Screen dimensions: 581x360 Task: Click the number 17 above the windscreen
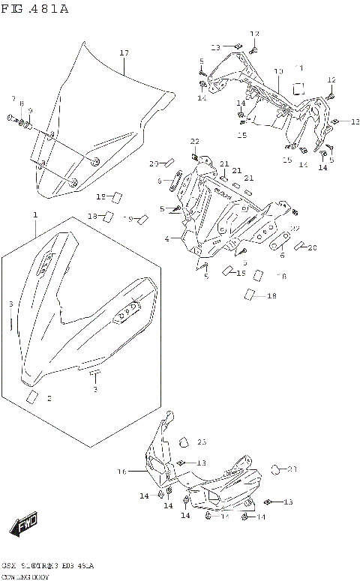(x=124, y=52)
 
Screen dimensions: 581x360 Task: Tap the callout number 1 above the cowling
(x=34, y=215)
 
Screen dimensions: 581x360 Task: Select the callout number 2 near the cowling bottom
(x=49, y=399)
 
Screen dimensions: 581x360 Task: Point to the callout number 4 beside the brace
(x=167, y=240)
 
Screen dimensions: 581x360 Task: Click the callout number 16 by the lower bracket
(x=121, y=472)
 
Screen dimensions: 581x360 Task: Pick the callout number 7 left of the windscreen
(x=13, y=99)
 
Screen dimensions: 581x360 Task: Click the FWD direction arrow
(x=22, y=528)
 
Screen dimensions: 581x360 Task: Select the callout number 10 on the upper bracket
(x=278, y=71)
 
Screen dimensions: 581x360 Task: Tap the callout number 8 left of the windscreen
(x=21, y=105)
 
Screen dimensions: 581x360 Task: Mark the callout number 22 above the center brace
(x=194, y=141)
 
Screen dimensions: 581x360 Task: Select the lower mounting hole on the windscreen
(x=73, y=182)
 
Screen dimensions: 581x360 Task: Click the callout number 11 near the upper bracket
(x=298, y=67)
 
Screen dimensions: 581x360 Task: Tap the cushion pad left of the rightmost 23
(x=275, y=469)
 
